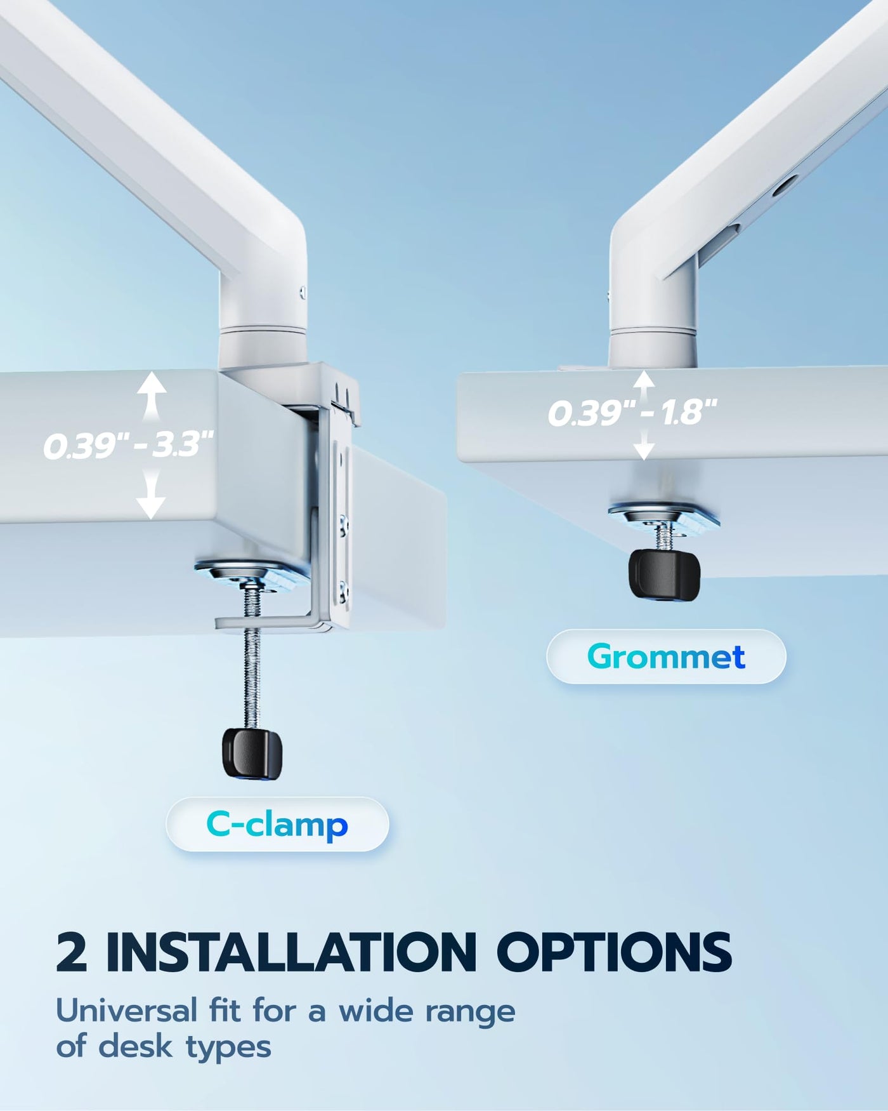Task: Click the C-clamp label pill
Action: tap(277, 824)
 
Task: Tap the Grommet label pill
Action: tap(666, 656)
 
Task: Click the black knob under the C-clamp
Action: tap(252, 753)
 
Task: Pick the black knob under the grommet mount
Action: tap(664, 574)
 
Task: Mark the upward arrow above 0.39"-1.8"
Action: tap(644, 385)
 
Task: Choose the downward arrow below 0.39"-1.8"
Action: tap(644, 444)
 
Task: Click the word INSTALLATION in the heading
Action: tap(291, 952)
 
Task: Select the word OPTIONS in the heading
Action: tap(614, 952)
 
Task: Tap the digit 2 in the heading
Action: tap(71, 952)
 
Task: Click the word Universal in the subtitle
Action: tap(127, 1010)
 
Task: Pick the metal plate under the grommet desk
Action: tap(664, 515)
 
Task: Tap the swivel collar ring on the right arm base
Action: tap(653, 329)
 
